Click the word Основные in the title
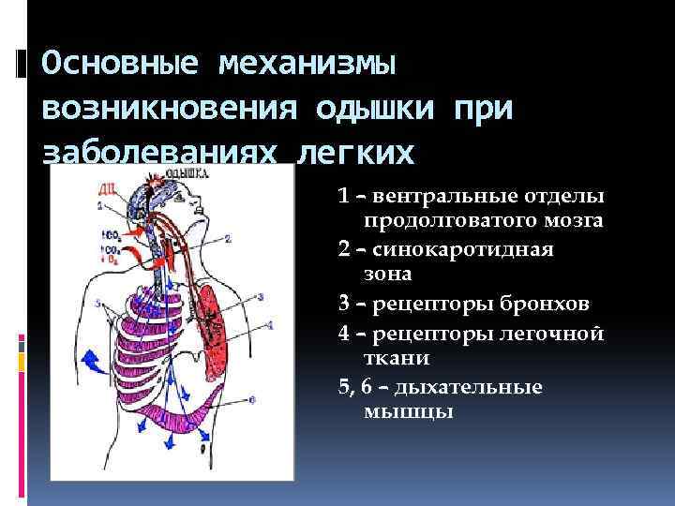pyautogui.click(x=119, y=65)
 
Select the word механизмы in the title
pyautogui.click(x=309, y=65)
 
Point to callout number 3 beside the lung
pyautogui.click(x=260, y=296)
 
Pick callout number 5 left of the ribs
pyautogui.click(x=97, y=303)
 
